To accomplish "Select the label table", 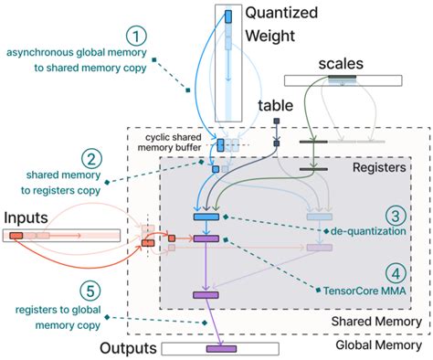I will [276, 106].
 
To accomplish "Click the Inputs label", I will [28, 217].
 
